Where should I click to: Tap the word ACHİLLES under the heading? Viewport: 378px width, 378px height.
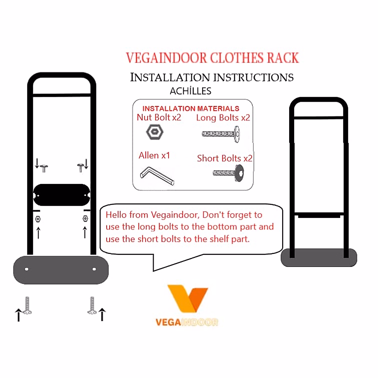click(x=190, y=91)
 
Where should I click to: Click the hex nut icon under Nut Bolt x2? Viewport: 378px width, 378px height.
click(x=155, y=132)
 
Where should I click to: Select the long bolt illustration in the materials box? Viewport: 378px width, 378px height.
click(x=221, y=134)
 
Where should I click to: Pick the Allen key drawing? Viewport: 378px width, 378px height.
click(x=157, y=176)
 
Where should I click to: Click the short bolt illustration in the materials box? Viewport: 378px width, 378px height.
click(x=228, y=173)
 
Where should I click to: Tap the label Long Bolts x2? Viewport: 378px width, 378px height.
click(x=223, y=118)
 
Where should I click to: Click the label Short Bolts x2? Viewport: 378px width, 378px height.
click(x=225, y=158)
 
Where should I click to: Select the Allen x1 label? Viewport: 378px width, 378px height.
click(x=154, y=155)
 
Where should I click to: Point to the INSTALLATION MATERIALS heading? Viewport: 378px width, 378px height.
click(x=191, y=108)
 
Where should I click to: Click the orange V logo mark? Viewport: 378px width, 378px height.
click(x=187, y=298)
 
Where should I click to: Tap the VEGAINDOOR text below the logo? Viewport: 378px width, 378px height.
click(x=186, y=322)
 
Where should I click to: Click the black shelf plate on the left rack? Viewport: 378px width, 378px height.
click(x=62, y=195)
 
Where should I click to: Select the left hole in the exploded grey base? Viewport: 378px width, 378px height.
click(x=27, y=269)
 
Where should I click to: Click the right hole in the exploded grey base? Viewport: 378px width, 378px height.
click(x=94, y=269)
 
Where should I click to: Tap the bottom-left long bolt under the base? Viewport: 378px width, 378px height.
click(x=27, y=305)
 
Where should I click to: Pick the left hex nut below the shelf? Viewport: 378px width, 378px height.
click(x=38, y=219)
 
